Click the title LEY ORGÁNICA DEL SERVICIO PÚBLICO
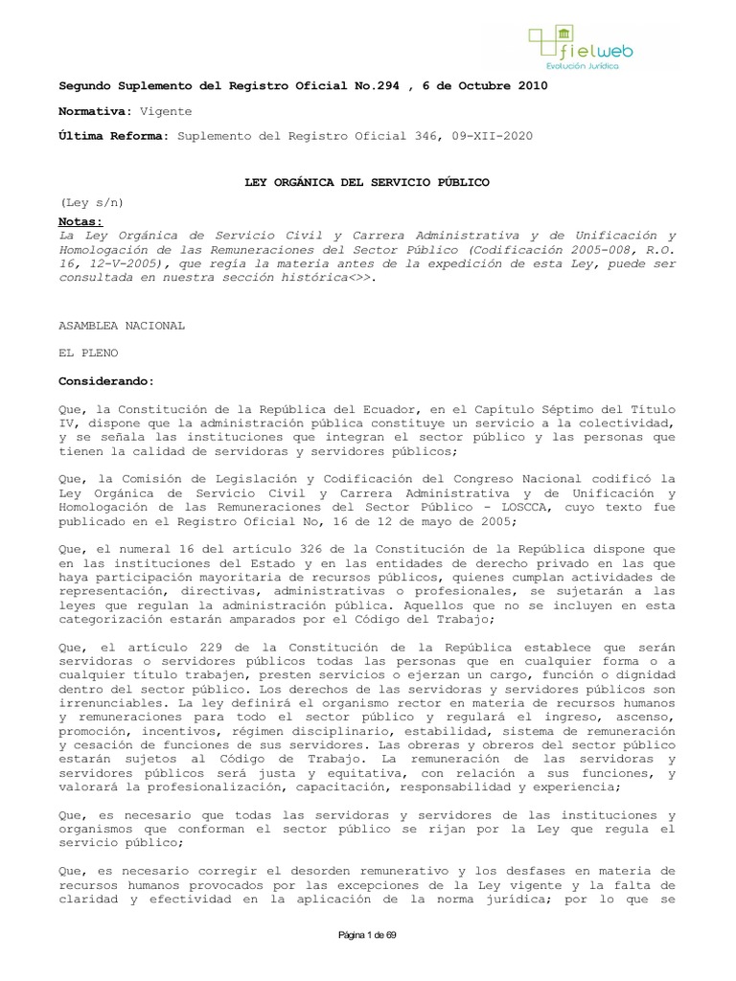[x=366, y=182]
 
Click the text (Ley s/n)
[x=93, y=203]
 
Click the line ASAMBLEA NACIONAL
[x=122, y=326]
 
